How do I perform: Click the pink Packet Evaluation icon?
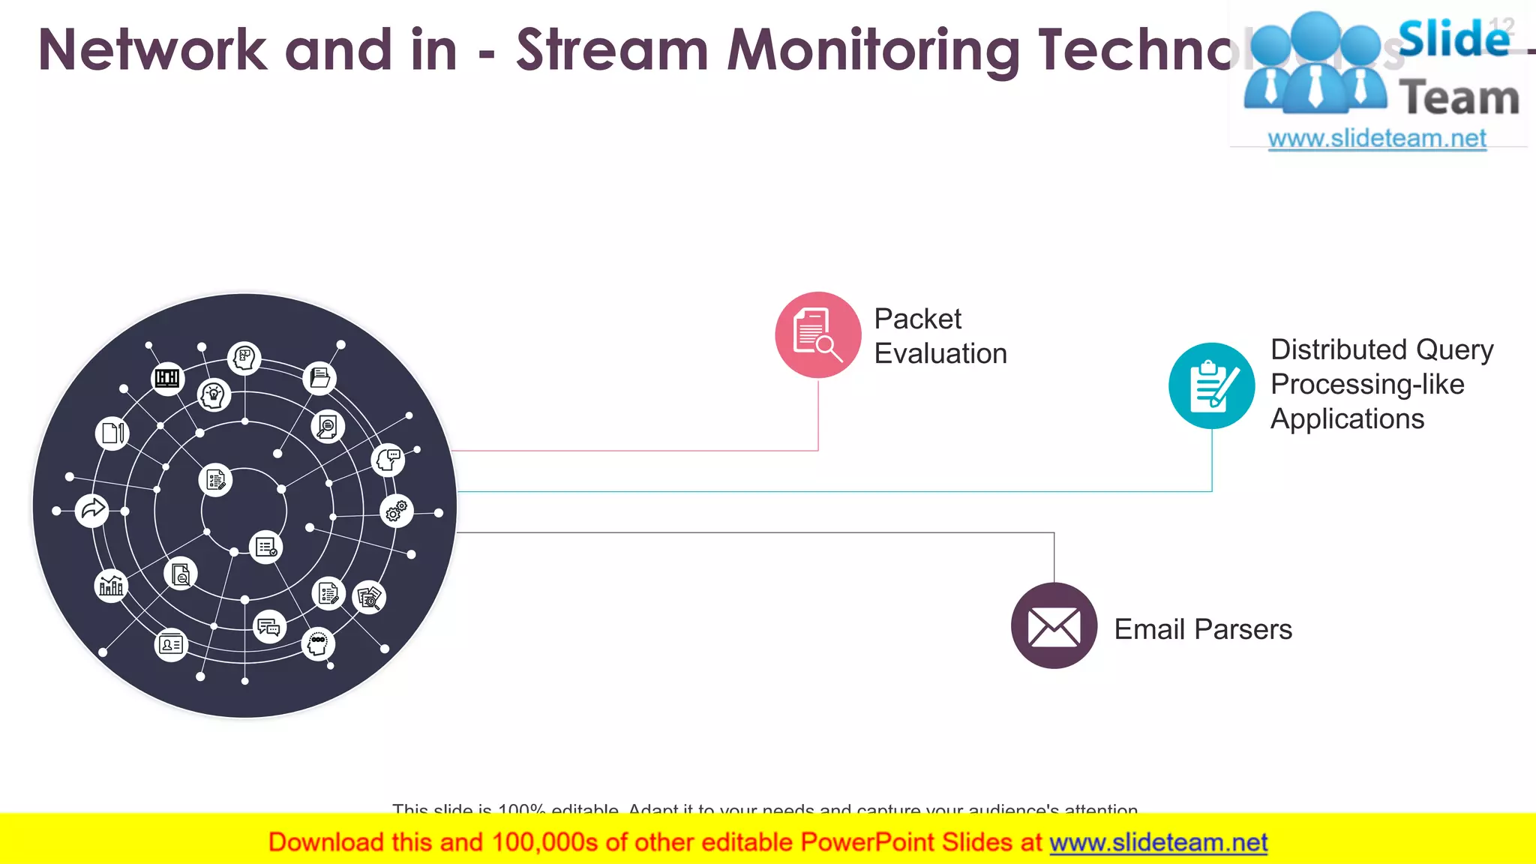point(817,334)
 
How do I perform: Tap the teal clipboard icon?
point(1211,385)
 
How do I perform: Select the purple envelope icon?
point(1054,625)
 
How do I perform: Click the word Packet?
point(917,319)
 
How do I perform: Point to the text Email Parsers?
point(1202,628)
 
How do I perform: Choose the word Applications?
point(1347,418)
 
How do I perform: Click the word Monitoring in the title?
point(873,50)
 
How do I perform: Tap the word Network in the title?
point(152,50)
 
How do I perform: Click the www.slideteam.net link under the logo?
point(1376,138)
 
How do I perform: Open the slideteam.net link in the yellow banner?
point(1158,842)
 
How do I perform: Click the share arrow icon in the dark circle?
point(92,510)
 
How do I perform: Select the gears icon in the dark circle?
point(397,511)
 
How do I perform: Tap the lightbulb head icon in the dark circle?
point(214,394)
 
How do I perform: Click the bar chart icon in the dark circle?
point(111,585)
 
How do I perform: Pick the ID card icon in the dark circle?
point(171,644)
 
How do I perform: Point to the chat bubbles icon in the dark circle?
point(268,627)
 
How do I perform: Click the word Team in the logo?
point(1458,98)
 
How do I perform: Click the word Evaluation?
point(940,353)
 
